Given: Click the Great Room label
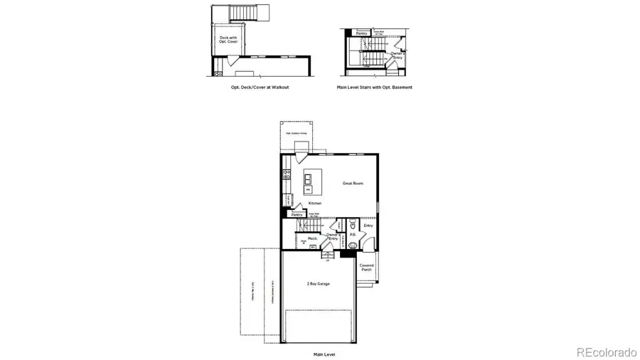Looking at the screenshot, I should [353, 184].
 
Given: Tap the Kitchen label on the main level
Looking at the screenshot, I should [314, 203].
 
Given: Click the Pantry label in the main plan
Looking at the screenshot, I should [297, 214].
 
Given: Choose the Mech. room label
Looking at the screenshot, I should [311, 238].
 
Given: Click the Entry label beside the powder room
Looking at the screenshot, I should [368, 226].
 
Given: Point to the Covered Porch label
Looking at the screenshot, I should [366, 268].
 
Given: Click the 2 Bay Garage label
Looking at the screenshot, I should [318, 283].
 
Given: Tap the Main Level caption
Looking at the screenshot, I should [324, 354].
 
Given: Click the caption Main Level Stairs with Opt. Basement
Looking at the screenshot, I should [375, 88].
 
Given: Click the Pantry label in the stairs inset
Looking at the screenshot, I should [361, 33].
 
